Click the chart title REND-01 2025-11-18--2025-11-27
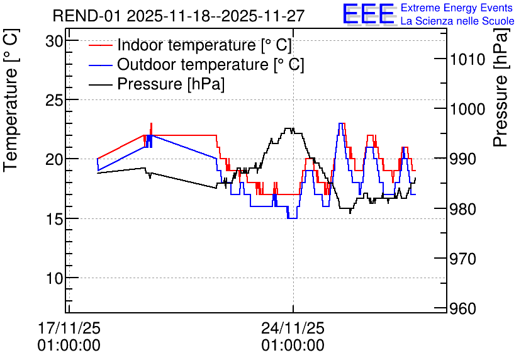click(x=179, y=16)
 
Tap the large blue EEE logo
click(x=369, y=14)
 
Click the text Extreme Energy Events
click(x=457, y=8)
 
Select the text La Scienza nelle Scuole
click(x=457, y=21)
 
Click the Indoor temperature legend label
click(x=204, y=45)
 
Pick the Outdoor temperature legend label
click(x=211, y=64)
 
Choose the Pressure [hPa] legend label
click(x=171, y=84)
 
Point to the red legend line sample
click(x=100, y=45)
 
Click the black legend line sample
click(x=100, y=84)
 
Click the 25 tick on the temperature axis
click(x=54, y=100)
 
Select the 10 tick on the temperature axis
click(x=54, y=278)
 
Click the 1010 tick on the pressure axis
click(x=467, y=60)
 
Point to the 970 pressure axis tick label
click(x=462, y=259)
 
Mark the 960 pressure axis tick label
click(x=462, y=308)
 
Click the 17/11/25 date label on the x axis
click(x=69, y=328)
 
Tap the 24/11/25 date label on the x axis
click(x=293, y=328)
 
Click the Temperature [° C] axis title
click(x=11, y=100)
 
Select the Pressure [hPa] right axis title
click(x=501, y=87)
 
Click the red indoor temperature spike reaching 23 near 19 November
click(x=151, y=129)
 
